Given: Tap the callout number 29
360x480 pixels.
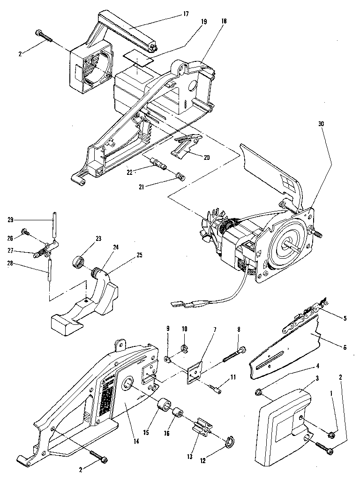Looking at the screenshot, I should click(x=10, y=219).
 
